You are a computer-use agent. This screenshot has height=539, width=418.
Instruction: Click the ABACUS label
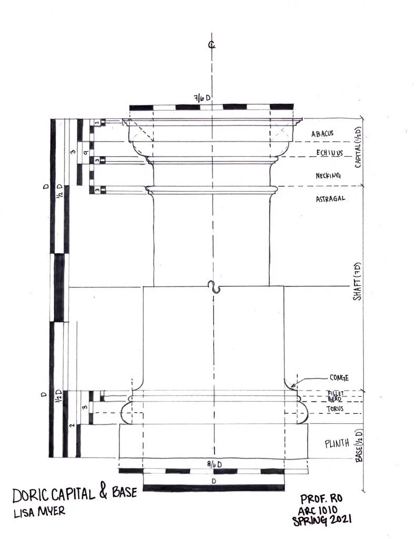pos(322,133)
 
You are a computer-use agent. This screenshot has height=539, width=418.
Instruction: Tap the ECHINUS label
pos(330,153)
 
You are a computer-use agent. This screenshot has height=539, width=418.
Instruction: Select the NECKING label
pos(328,176)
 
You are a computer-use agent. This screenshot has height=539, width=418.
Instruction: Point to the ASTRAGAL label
pos(330,198)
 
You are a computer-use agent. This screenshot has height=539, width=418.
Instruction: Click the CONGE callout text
pos(339,378)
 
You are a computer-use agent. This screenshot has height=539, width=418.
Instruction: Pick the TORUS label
pos(335,408)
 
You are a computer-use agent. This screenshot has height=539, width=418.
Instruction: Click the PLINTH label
pos(337,443)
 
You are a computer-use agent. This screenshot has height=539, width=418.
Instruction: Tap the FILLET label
pos(335,393)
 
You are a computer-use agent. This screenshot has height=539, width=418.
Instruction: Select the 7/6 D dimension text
pos(202,98)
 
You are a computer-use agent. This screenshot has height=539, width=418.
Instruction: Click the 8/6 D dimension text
pos(214,464)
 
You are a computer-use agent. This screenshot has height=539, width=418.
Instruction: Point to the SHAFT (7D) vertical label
pos(357,281)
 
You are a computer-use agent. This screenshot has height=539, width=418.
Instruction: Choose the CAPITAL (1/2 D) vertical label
pos(358,147)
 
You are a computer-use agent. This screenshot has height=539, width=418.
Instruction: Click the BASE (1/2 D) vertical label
pos(359,445)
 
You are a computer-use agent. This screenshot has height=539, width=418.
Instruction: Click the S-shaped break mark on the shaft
pos(216,287)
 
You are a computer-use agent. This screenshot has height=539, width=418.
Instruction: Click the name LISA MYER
pos(39,512)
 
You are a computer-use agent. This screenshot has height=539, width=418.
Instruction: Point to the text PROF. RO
pos(321,499)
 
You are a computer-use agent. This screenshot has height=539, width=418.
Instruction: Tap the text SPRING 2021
pos(322,520)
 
